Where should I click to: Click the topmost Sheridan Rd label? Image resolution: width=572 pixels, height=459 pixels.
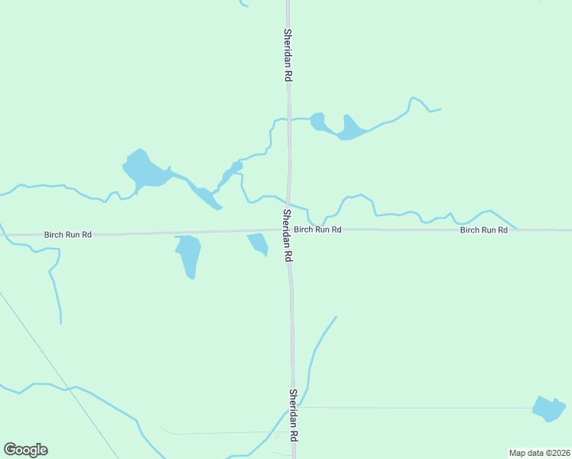pos(288,56)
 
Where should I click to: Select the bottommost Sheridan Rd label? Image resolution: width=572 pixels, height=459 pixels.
pos(292,415)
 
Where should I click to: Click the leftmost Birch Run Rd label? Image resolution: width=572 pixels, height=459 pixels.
pos(67,235)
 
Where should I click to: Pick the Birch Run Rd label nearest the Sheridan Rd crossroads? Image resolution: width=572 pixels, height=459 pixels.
pos(317,229)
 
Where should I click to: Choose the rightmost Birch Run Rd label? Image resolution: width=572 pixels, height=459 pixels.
pos(483,230)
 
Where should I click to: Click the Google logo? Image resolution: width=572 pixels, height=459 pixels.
pos(25,450)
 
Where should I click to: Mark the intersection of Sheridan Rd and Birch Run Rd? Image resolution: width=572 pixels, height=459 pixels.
pos(288,229)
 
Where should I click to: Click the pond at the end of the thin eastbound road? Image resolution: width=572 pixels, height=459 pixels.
pos(548,409)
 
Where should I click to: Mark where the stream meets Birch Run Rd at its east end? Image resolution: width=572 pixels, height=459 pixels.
pos(516,229)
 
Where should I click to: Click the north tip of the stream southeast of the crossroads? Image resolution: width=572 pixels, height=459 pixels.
pos(336,317)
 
